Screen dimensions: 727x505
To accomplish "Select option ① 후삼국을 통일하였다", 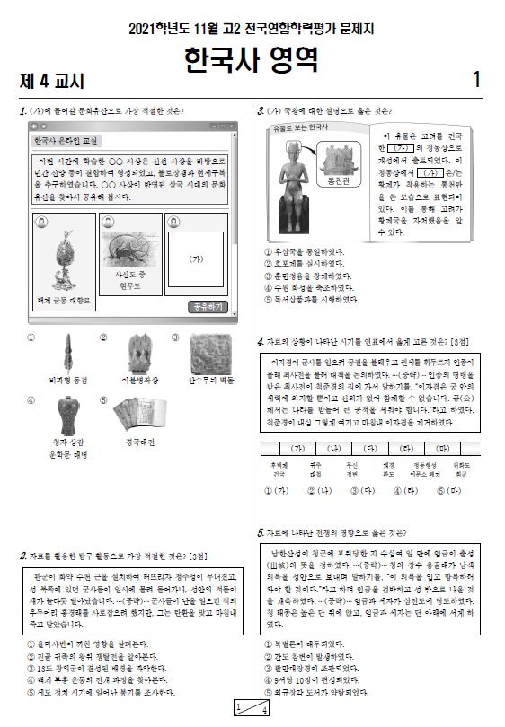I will (305, 253).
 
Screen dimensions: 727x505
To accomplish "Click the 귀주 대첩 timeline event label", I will (315, 469).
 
